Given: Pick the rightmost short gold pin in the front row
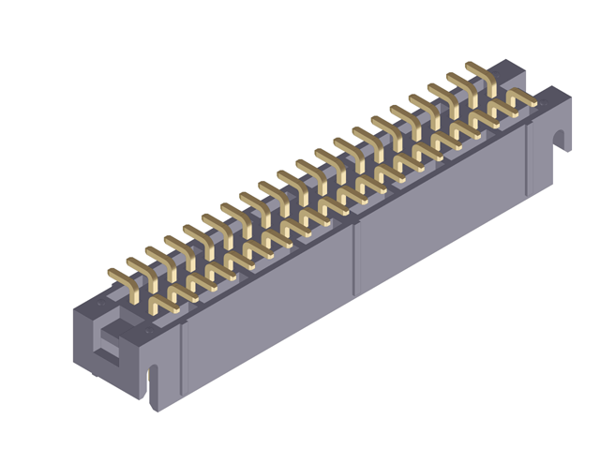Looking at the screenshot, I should [x=520, y=96].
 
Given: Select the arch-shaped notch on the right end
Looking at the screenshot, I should [x=561, y=140].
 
